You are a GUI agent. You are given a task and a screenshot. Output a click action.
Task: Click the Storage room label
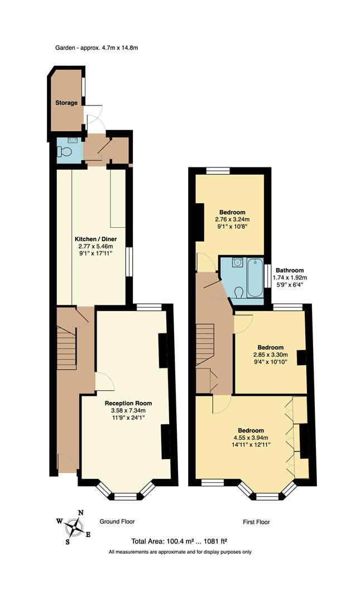tap(66, 103)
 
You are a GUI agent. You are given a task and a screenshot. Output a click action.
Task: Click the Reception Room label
tap(128, 403)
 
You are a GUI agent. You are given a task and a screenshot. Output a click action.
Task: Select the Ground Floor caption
tap(117, 521)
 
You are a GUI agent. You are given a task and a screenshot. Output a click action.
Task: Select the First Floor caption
tap(256, 522)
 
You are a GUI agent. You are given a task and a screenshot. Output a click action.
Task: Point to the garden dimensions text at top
tap(97, 48)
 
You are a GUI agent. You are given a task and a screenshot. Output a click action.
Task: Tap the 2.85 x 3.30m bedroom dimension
tap(270, 355)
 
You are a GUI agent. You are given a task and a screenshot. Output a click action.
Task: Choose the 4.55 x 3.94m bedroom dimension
tap(251, 438)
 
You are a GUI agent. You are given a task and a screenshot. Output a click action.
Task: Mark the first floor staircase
tap(205, 345)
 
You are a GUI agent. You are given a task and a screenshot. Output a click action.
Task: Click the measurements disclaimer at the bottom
tap(180, 552)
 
